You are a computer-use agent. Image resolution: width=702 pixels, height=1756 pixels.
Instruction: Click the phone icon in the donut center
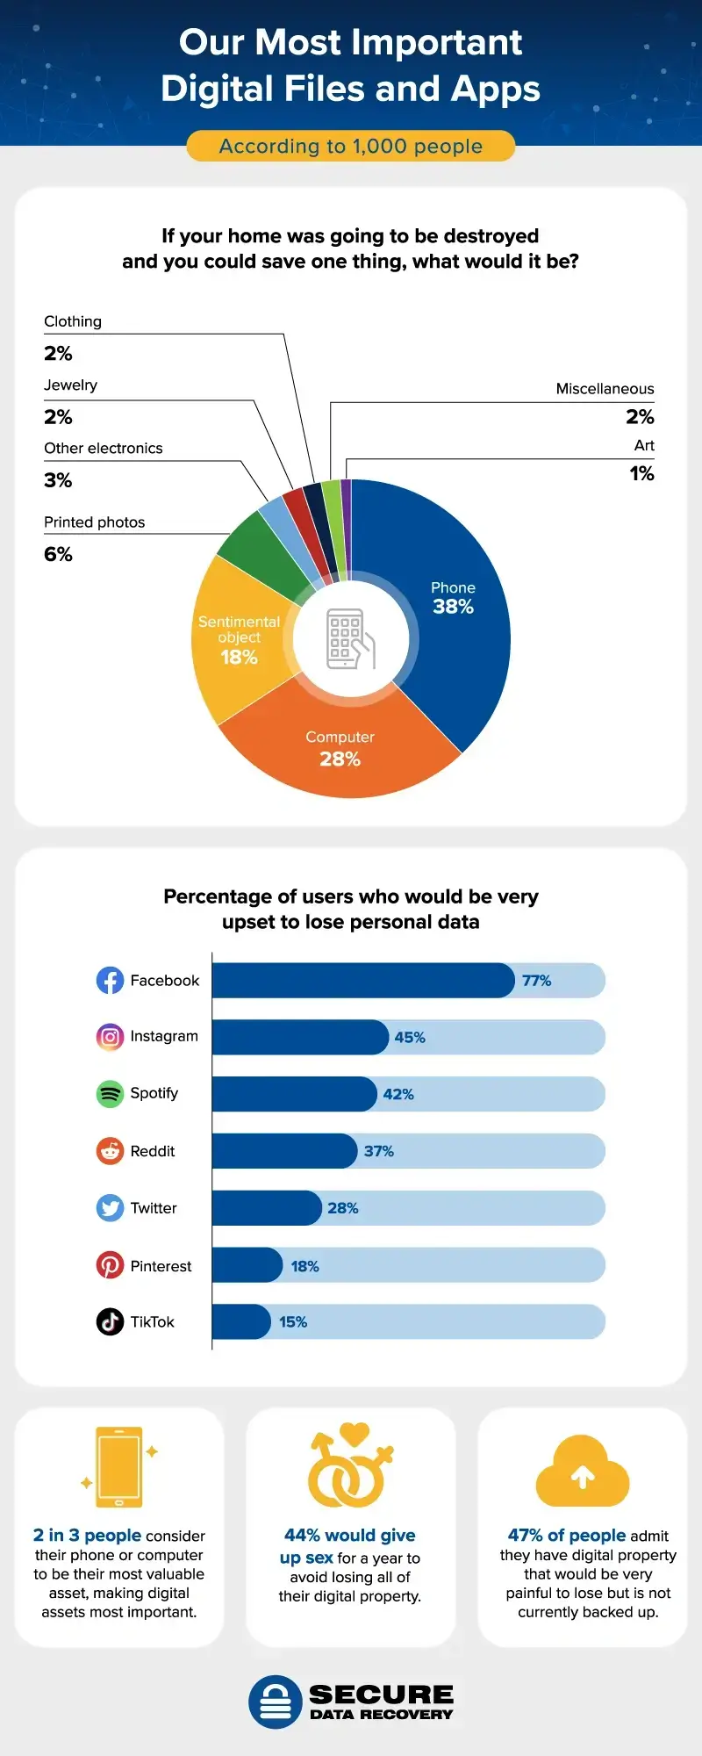coord(350,639)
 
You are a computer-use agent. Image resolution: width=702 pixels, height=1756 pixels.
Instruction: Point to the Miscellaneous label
coord(605,388)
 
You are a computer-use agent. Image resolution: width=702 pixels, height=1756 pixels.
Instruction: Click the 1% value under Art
coord(641,473)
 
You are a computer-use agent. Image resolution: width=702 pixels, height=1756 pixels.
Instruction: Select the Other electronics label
coord(104,448)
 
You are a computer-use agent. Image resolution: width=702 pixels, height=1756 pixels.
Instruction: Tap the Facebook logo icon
coord(110,980)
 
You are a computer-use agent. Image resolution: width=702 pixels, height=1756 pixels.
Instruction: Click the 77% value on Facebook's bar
coord(536,980)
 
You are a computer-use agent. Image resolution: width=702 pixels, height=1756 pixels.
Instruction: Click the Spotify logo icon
coord(110,1093)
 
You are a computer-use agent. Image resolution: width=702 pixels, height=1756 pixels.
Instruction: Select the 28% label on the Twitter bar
coord(342,1208)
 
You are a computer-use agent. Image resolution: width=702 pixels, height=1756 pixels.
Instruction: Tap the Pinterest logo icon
coord(110,1265)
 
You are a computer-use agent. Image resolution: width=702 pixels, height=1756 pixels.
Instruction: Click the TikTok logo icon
coord(110,1321)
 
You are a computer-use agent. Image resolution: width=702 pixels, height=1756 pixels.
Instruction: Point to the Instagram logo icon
coord(110,1036)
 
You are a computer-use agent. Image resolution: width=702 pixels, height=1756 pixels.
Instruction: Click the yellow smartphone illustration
coord(119,1466)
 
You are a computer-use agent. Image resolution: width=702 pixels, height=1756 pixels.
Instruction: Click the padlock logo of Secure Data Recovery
coord(276,1702)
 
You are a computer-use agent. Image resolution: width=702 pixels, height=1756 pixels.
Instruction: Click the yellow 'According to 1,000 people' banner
coord(350,146)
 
